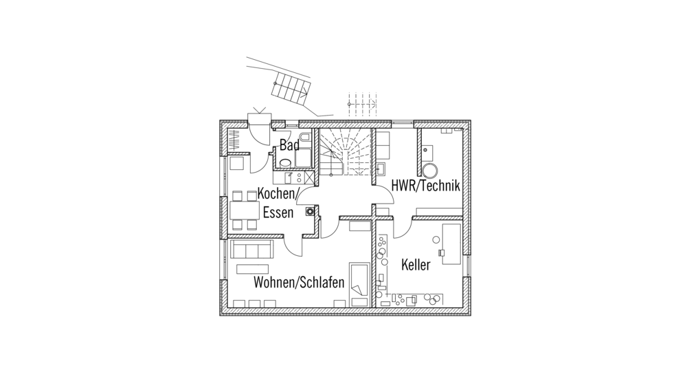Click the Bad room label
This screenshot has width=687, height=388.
289,145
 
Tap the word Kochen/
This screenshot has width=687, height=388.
278,195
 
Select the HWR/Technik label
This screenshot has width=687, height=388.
425,186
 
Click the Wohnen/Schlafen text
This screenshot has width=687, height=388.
299,283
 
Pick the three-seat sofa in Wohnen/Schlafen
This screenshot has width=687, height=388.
252,248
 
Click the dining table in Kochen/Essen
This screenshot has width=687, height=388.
243,211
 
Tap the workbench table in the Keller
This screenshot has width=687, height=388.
452,241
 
